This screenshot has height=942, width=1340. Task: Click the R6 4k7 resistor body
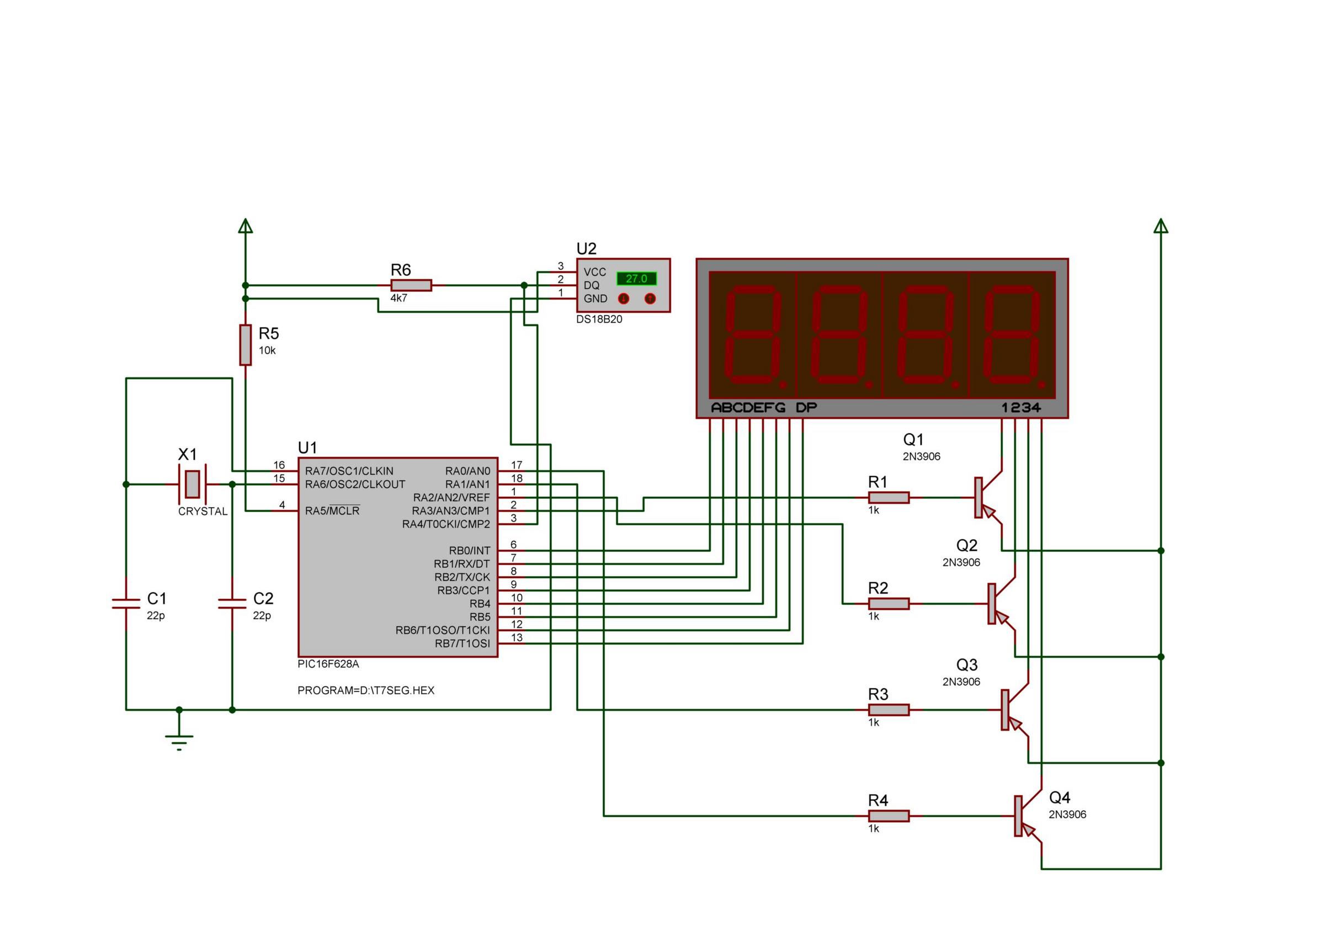coord(411,285)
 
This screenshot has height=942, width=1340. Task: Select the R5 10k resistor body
coord(246,345)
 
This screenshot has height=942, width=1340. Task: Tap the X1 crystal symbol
coord(192,484)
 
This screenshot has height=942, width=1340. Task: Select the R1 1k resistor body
coord(889,497)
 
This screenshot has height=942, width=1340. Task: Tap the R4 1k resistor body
coord(889,816)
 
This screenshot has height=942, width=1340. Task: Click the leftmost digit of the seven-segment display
coord(753,334)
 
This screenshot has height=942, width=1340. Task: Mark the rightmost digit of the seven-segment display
coord(1012,334)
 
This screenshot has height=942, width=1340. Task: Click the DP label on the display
coord(806,407)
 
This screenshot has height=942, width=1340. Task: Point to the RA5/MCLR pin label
coord(332,510)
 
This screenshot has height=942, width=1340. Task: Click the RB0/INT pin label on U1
coord(469,550)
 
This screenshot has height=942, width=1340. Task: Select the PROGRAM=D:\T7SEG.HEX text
coord(366,690)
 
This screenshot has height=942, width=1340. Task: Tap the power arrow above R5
coord(246,226)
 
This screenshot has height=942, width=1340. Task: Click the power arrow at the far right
coord(1161,226)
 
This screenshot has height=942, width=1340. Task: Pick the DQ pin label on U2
coord(591,285)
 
